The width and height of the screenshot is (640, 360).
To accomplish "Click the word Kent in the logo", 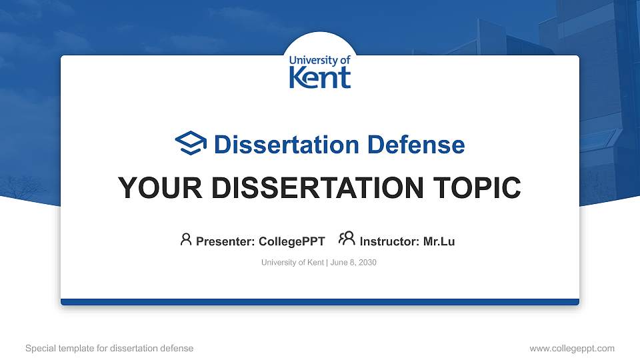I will pos(319,77).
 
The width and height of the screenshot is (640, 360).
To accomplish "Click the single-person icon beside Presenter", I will pos(186,239).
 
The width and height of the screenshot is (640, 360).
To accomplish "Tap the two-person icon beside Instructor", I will pos(347,239).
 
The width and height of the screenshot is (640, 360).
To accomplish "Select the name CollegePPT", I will pos(291,241).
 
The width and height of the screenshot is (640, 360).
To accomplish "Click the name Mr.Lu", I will pos(439,241).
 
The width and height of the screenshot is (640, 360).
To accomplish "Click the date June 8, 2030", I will pos(353,263).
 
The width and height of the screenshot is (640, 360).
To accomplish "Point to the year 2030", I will pos(367,263).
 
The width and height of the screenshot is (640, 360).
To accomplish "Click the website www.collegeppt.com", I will pos(572,348).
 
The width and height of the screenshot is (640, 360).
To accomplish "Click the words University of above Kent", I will pos(319,60).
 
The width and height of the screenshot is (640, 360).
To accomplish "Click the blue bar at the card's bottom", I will pos(320,302).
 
